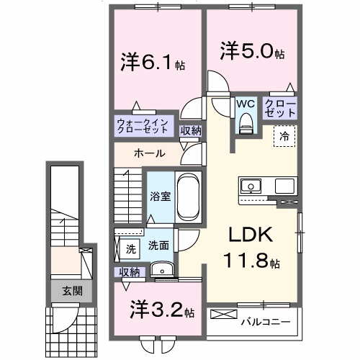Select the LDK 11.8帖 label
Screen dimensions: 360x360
tap(250, 248)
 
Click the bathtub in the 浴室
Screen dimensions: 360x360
tap(191, 197)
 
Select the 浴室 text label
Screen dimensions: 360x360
tap(158, 194)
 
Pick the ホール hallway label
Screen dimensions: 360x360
tap(150, 153)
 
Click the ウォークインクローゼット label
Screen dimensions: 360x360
tap(142, 126)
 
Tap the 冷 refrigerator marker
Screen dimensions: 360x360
tap(284, 135)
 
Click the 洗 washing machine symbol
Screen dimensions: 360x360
tap(130, 248)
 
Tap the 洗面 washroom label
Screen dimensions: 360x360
tap(159, 246)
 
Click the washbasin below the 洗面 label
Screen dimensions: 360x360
tap(164, 271)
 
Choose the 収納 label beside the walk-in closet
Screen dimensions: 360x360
tap(191, 130)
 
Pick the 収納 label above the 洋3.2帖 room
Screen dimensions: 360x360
tap(130, 272)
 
